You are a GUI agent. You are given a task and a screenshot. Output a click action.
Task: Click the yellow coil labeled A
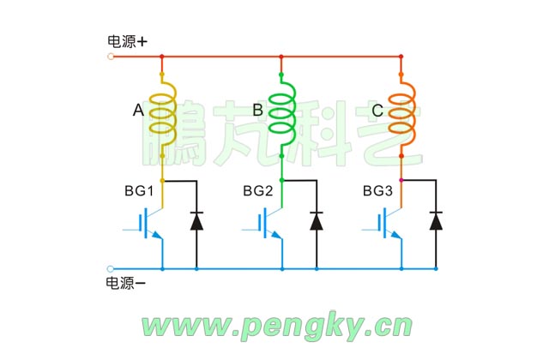coord(162,112)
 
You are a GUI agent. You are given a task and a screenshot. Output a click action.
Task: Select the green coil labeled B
coord(282,112)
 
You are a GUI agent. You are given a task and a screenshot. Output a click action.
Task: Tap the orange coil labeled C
coord(401,112)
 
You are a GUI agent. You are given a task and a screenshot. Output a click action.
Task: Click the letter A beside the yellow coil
coord(138,111)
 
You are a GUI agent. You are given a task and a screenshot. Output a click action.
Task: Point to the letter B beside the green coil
coord(257,111)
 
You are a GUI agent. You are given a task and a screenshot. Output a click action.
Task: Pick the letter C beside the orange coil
coord(377,111)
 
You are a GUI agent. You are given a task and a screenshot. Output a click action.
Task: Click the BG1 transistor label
coord(138,190)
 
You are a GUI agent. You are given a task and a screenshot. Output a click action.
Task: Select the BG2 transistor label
coord(258,190)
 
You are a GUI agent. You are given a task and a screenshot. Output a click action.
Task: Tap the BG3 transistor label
coord(377,190)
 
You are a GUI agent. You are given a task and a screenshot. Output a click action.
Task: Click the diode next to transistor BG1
coord(196,221)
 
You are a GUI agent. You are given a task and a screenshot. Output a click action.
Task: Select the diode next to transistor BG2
coord(317,221)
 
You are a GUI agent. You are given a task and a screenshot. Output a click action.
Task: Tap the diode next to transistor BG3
coord(436,221)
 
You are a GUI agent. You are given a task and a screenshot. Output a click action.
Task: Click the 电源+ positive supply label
coord(127,40)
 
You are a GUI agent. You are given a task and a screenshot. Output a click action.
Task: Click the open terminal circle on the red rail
coord(111,57)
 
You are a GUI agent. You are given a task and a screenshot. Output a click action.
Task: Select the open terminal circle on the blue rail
coord(111,268)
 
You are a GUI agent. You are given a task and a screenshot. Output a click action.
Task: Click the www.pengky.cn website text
coord(276,326)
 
